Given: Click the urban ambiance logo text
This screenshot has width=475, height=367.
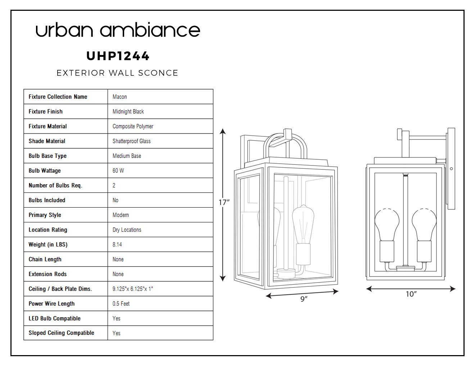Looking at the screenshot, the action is coord(118,30).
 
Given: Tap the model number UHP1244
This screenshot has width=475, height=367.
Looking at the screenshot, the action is coord(118,56).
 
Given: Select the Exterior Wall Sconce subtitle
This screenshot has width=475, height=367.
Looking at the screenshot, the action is coord(117,73).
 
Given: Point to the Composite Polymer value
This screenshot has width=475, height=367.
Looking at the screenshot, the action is coord(133,126).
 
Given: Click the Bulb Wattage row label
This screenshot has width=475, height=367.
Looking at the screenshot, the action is coord(45,171).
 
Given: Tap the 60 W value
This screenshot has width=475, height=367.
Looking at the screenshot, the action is coord(118,171).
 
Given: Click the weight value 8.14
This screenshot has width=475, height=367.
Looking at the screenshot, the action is coord(117,244).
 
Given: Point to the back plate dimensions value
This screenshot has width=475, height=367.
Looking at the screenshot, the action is coord(133,289).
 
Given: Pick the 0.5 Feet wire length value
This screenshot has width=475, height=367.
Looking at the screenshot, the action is coord(121,304).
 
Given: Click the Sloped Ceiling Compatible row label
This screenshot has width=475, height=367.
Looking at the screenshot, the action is coord(62,333).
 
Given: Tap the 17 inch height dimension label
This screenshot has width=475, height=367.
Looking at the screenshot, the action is coord(224,203).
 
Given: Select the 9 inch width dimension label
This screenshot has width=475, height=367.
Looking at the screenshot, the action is coord(304,299).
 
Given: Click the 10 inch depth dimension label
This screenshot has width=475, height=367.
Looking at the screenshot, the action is coord(411,294).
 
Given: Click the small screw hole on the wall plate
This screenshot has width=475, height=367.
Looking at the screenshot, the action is coord(451,169).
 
